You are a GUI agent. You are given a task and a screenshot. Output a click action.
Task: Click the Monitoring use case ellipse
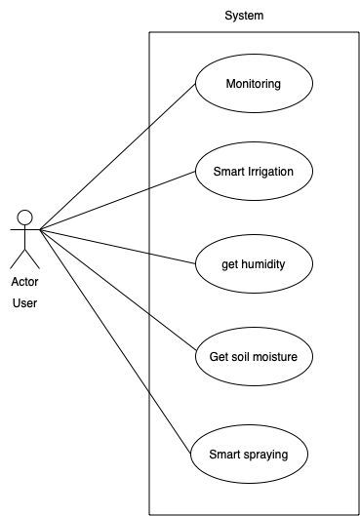[254, 84]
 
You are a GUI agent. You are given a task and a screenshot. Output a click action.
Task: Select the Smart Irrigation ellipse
[254, 172]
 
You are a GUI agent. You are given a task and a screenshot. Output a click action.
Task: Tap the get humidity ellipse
[254, 263]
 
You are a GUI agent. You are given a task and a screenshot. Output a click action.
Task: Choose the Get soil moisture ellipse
[254, 357]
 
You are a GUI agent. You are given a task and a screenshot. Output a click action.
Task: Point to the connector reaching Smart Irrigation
[172, 179]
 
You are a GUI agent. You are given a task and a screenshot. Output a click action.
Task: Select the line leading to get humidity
[172, 258]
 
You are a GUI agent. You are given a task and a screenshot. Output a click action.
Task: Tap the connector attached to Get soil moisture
[172, 332]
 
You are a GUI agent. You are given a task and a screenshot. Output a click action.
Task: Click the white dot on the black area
[25, 218]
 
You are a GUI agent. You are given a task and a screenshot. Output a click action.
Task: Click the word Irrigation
[270, 172]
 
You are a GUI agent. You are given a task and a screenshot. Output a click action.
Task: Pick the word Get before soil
[220, 357]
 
